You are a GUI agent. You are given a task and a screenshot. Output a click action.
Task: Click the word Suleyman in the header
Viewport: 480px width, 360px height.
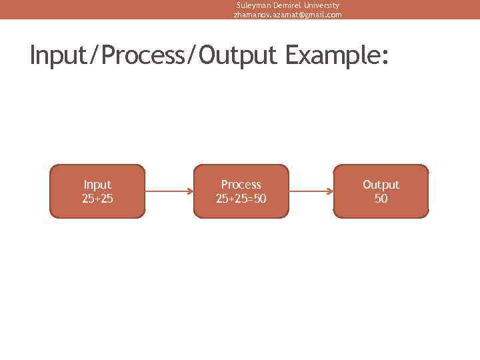click(252, 5)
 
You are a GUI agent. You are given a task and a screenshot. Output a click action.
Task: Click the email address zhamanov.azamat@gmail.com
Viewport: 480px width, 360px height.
click(287, 14)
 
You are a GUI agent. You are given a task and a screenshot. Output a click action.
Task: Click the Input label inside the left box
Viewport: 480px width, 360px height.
click(97, 185)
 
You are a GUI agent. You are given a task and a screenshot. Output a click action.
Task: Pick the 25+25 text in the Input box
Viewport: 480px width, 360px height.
click(97, 198)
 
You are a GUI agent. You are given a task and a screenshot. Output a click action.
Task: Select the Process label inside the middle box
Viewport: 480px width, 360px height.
click(241, 185)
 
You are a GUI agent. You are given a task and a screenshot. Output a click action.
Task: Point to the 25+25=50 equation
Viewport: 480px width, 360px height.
click(241, 198)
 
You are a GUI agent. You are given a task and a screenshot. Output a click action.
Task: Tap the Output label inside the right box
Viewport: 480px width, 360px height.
click(381, 185)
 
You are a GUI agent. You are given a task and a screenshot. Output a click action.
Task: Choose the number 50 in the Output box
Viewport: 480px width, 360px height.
click(381, 198)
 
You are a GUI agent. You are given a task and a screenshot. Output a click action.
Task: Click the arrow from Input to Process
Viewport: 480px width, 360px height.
click(169, 191)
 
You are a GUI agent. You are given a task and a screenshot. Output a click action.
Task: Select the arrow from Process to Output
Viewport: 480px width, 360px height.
click(311, 191)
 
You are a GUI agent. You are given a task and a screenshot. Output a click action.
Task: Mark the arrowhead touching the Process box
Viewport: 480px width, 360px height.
click(190, 191)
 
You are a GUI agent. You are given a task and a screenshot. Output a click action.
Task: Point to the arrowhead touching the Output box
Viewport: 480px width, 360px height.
click(330, 191)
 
